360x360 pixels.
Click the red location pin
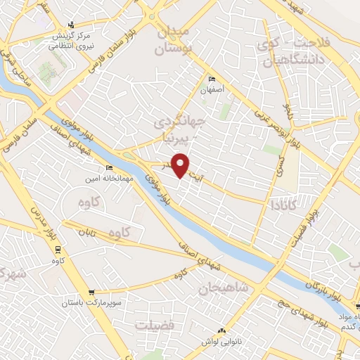(181, 165)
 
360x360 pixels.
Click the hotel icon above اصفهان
(212, 79)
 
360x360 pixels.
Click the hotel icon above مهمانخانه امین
(108, 168)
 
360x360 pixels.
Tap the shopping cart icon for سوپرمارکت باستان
(91, 292)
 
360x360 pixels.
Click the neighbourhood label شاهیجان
(223, 288)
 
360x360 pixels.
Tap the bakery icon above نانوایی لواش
(223, 330)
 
